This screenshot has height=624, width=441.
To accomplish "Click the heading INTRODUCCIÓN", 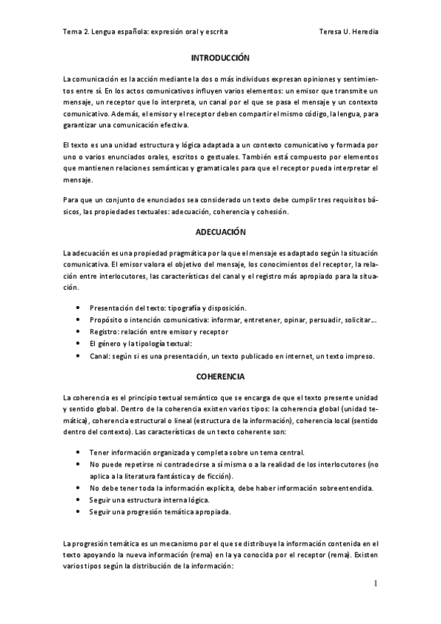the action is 221,57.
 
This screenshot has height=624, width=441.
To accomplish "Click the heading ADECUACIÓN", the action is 221,231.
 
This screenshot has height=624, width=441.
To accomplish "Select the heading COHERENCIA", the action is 221,376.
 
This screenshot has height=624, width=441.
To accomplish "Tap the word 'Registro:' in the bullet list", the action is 106,332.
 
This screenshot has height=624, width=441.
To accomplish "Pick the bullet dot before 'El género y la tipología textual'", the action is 78,344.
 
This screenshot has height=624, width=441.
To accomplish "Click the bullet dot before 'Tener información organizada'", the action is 78,453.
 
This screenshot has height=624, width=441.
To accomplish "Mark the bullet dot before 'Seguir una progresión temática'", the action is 78,511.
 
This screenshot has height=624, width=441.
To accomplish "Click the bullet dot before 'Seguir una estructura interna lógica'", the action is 78,500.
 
